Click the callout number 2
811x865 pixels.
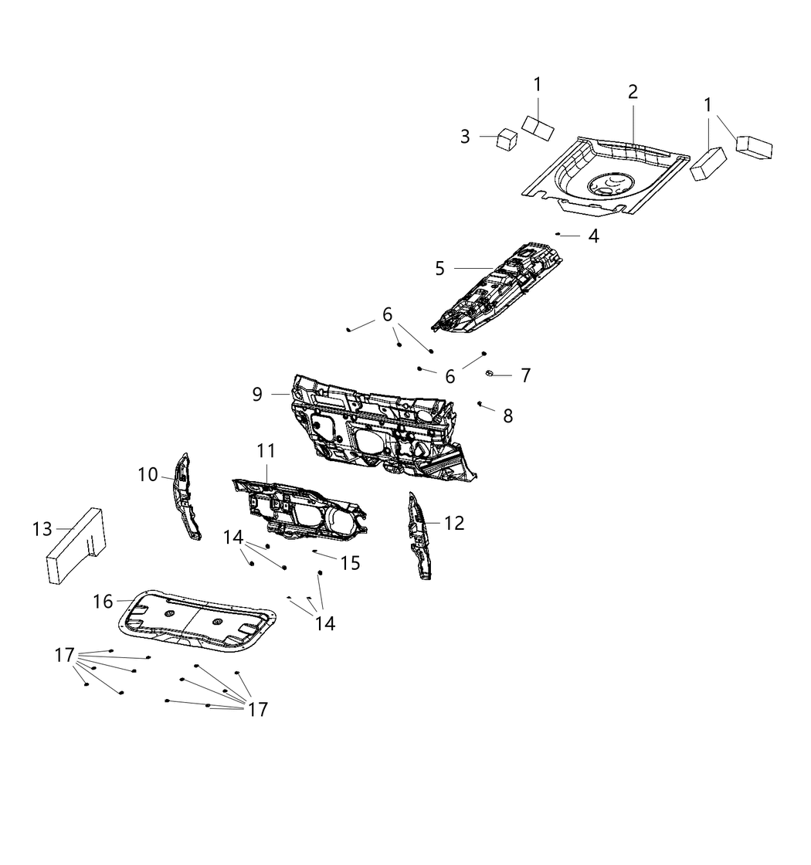click(633, 92)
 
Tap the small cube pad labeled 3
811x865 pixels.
click(507, 138)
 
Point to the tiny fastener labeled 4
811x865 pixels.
click(558, 233)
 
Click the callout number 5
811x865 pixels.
click(439, 268)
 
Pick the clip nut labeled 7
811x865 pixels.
click(490, 375)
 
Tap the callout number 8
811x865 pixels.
click(507, 416)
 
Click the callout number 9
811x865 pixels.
click(257, 394)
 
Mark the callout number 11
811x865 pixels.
click(266, 450)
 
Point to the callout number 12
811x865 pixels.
click(454, 523)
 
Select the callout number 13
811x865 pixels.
click(42, 529)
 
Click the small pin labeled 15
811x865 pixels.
click(314, 551)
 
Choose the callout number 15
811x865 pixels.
click(350, 563)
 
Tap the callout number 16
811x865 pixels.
click(103, 601)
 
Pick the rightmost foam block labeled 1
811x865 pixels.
click(754, 146)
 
